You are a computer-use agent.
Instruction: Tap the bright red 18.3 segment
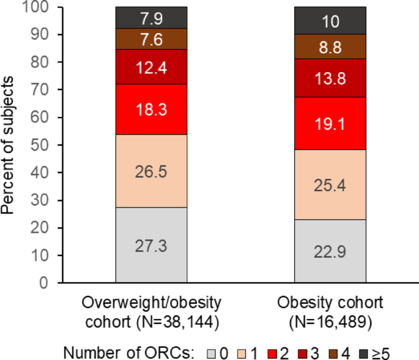point(151,109)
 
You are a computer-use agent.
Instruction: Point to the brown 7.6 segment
point(151,39)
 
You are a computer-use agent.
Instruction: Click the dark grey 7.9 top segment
point(151,18)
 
